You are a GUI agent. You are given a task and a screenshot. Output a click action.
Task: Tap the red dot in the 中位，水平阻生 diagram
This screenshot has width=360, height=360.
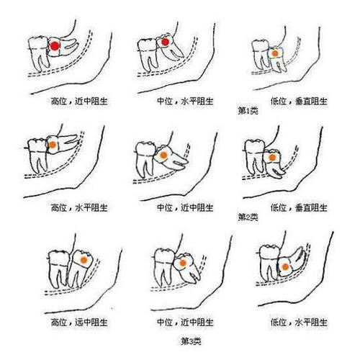(165, 44)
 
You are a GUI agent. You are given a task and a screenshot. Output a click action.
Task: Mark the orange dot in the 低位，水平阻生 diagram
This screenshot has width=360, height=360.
(285, 266)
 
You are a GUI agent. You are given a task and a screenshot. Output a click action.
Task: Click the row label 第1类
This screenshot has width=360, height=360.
(248, 112)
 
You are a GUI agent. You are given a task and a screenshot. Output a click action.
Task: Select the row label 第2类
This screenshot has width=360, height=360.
(248, 217)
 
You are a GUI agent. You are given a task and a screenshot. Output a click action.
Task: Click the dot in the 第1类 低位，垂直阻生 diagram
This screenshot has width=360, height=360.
(274, 53)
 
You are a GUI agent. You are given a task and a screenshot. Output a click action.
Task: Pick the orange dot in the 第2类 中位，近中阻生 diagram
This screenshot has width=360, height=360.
(165, 154)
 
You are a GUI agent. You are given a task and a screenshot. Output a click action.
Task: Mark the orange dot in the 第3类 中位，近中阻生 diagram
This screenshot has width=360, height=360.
(184, 264)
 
